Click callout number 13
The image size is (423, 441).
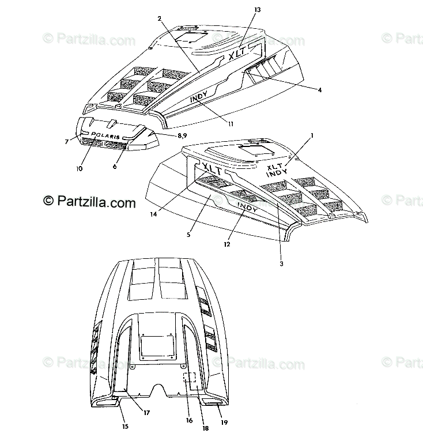click(x=257, y=10)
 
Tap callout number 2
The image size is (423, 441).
click(x=159, y=18)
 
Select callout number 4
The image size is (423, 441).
click(x=319, y=89)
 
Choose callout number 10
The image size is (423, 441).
click(x=78, y=168)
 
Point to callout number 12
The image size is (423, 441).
click(x=227, y=244)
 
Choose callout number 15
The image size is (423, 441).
click(x=124, y=427)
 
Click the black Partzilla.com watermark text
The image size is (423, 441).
click(x=89, y=202)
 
